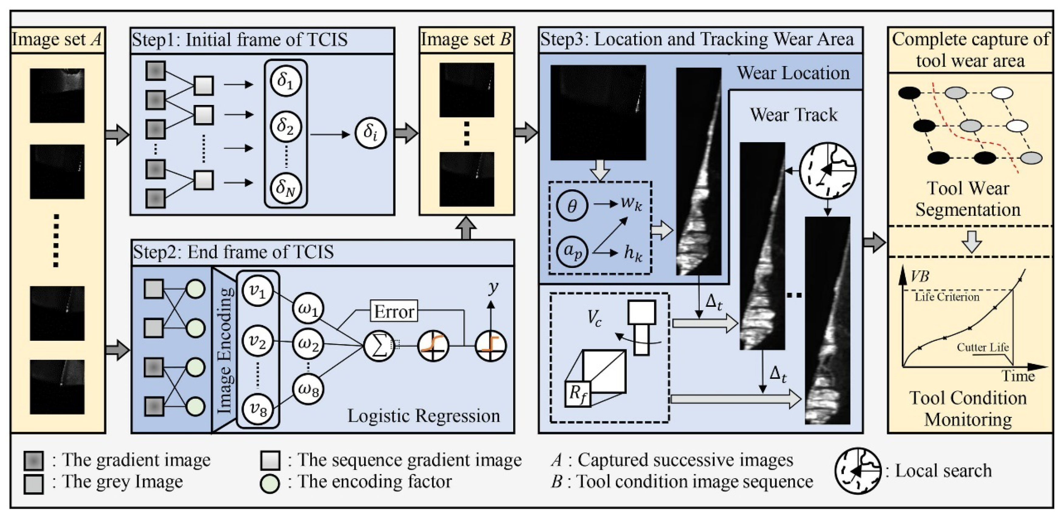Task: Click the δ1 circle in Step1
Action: tap(285, 81)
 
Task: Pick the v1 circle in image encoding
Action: tap(258, 291)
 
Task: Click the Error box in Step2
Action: tap(394, 311)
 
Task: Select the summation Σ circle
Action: tap(379, 346)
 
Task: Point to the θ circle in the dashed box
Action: tap(572, 206)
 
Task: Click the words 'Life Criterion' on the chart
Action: tap(947, 297)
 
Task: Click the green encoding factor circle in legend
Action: tap(270, 482)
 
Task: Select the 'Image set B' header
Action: tap(466, 39)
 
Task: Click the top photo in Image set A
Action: tap(57, 96)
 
